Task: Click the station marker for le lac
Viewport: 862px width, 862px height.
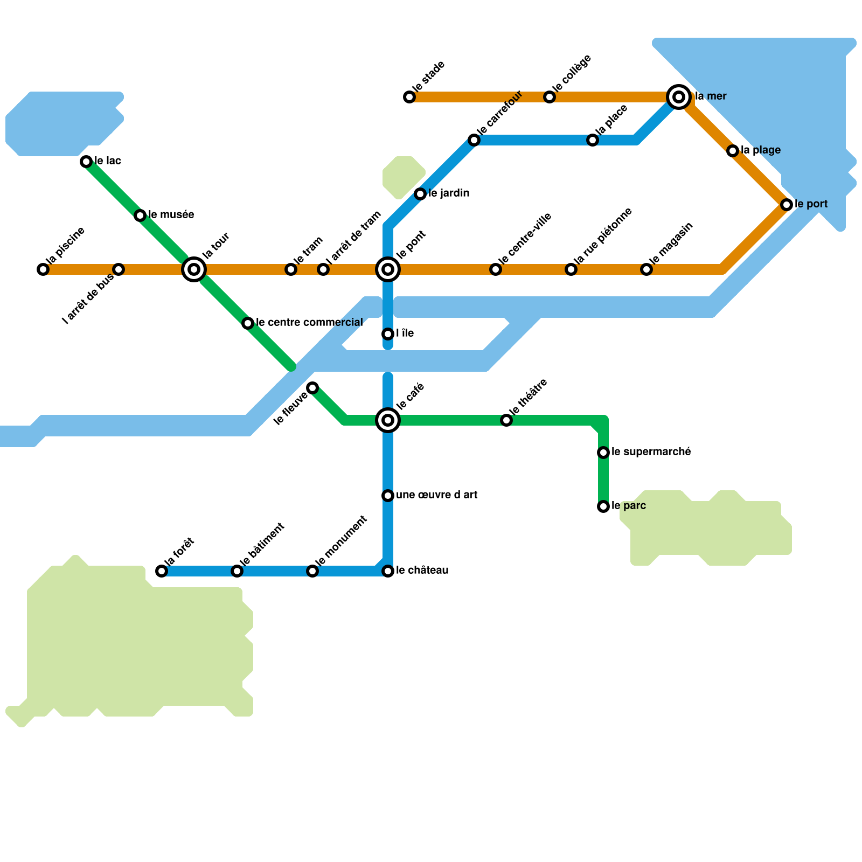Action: pyautogui.click(x=86, y=162)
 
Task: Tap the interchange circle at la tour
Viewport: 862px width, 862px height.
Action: pyautogui.click(x=194, y=269)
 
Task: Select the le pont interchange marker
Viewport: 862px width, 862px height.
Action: pyautogui.click(x=388, y=269)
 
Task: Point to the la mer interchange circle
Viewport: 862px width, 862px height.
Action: pyautogui.click(x=679, y=97)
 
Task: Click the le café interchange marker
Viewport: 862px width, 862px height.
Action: pyautogui.click(x=388, y=420)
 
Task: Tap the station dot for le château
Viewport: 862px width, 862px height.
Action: pyautogui.click(x=388, y=571)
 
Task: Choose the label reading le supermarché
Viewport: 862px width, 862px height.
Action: pyautogui.click(x=651, y=452)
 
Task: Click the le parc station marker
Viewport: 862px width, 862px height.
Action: pyautogui.click(x=603, y=506)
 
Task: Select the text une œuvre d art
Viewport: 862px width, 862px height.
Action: pyautogui.click(x=437, y=495)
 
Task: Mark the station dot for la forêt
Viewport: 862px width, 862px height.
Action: pyautogui.click(x=162, y=571)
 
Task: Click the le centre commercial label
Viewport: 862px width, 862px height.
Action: pyautogui.click(x=309, y=323)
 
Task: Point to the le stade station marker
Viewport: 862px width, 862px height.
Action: pyautogui.click(x=409, y=97)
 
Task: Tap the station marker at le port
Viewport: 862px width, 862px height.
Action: pyautogui.click(x=787, y=205)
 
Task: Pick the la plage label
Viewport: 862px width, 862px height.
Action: pyautogui.click(x=761, y=150)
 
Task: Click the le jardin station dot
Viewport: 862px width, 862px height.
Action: pyautogui.click(x=420, y=194)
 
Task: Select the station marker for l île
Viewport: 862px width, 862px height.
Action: pyautogui.click(x=388, y=334)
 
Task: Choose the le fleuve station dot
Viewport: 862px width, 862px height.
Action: pyautogui.click(x=312, y=388)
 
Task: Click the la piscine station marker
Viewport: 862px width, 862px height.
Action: pyautogui.click(x=43, y=269)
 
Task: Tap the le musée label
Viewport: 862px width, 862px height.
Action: pyautogui.click(x=171, y=215)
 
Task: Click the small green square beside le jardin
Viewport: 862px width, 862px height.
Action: pyautogui.click(x=404, y=178)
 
